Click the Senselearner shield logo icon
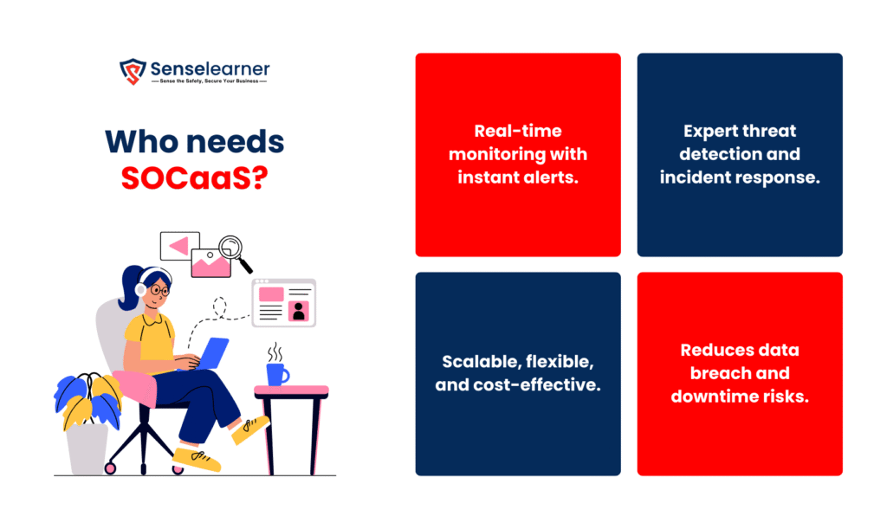tap(133, 72)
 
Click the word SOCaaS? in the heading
tap(195, 177)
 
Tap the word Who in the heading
tap(139, 141)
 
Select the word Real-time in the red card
tap(518, 131)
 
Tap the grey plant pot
tap(87, 449)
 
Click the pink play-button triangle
tap(179, 246)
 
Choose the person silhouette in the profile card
tap(299, 311)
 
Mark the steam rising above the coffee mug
tap(275, 352)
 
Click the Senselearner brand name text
tap(210, 69)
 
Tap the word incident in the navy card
tap(691, 177)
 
